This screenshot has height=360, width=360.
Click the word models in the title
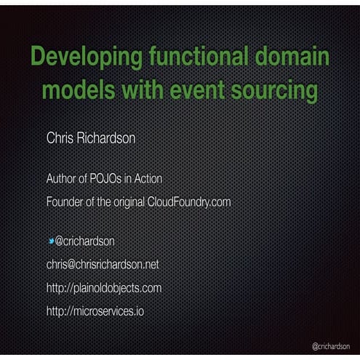[80, 92]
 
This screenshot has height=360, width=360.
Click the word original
[127, 201]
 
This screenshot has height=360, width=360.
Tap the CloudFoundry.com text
[189, 201]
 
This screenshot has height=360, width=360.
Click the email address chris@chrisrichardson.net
[102, 264]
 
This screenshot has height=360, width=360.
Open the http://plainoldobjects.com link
[103, 288]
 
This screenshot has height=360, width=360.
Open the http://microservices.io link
[89, 311]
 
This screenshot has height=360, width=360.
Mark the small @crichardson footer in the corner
[332, 347]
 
